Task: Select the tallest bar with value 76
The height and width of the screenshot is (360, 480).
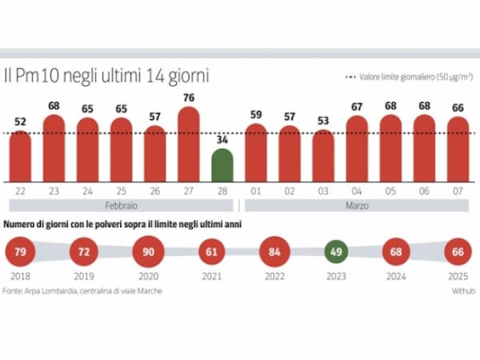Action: (189, 144)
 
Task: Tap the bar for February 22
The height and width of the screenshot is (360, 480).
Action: (20, 156)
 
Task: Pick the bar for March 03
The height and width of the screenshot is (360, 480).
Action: (323, 156)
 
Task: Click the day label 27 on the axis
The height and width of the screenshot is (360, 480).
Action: (189, 193)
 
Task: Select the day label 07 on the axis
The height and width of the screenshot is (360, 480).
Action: (458, 193)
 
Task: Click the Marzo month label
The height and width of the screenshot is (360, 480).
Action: (357, 206)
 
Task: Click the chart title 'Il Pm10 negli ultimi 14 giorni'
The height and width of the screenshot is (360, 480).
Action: (107, 77)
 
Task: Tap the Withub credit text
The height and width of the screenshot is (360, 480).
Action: (462, 291)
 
